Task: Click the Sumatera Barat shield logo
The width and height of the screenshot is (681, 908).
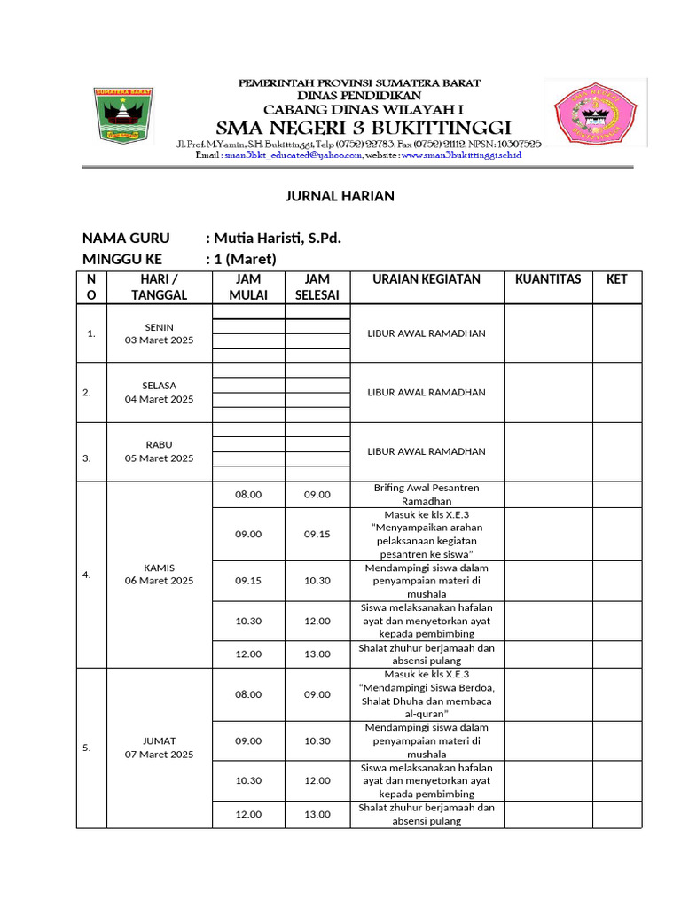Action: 123,115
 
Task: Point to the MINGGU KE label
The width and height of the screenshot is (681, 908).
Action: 122,259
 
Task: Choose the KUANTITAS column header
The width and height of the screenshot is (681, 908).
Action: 548,279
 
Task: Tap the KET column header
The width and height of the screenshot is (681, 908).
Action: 616,279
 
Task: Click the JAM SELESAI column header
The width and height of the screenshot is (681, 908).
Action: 317,287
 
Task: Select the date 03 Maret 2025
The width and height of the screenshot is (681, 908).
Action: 159,340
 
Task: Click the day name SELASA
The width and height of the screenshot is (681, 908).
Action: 159,386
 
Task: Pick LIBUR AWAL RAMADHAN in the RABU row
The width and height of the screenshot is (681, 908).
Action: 427,451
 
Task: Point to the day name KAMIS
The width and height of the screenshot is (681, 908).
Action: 159,567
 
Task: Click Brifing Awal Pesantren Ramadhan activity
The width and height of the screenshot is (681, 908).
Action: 427,495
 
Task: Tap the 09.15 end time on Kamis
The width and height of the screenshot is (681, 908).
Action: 317,535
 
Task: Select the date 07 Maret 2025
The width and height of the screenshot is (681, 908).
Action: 159,755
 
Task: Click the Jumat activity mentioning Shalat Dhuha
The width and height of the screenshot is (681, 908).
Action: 427,694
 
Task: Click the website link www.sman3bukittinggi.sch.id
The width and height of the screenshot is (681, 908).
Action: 461,155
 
